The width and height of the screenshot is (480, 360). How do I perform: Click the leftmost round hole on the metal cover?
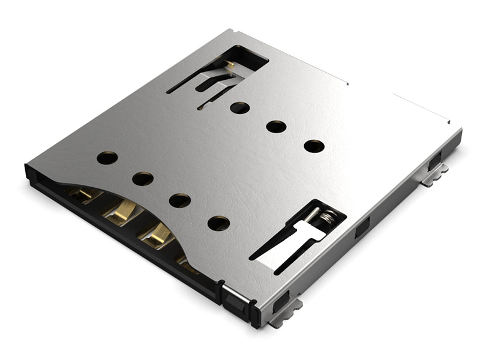107,158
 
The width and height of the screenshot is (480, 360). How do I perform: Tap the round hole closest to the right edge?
314,146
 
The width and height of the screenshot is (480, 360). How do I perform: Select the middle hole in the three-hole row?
276,127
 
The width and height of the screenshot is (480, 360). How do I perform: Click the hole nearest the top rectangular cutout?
239,108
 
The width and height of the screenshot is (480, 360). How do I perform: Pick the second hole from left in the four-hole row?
143,179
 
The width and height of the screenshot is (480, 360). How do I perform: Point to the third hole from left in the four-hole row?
180,200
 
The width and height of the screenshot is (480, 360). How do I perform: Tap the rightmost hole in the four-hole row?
218,223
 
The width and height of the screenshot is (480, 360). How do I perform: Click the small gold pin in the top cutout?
230,64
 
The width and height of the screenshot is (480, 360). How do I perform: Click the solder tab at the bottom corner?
287,314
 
